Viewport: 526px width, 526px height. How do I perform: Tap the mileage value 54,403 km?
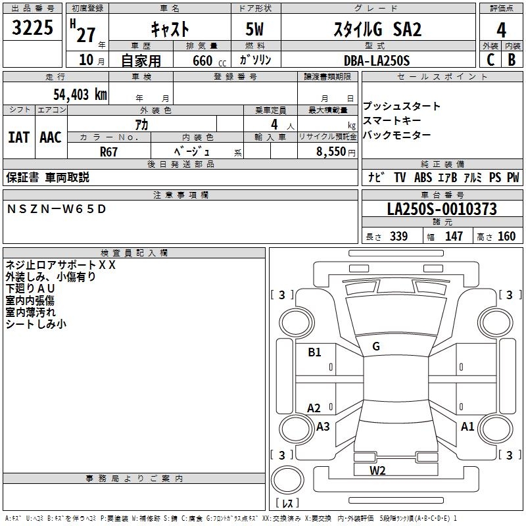click(x=72, y=94)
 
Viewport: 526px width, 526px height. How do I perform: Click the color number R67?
click(x=109, y=151)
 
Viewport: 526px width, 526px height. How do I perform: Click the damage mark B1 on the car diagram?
click(x=314, y=352)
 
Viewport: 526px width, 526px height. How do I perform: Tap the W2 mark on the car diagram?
click(x=377, y=470)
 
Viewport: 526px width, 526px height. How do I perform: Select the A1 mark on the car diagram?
click(x=467, y=426)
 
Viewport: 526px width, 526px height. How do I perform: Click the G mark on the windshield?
click(x=376, y=346)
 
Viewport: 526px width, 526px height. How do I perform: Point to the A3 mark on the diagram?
click(x=323, y=426)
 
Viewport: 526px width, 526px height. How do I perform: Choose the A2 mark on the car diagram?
click(x=314, y=408)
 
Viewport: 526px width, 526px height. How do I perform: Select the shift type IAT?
click(x=19, y=137)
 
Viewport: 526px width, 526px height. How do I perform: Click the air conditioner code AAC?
click(x=50, y=137)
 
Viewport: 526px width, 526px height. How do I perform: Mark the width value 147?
click(x=454, y=236)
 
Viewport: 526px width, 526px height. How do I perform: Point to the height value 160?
click(x=506, y=236)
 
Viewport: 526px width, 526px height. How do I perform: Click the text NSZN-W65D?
click(x=56, y=209)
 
